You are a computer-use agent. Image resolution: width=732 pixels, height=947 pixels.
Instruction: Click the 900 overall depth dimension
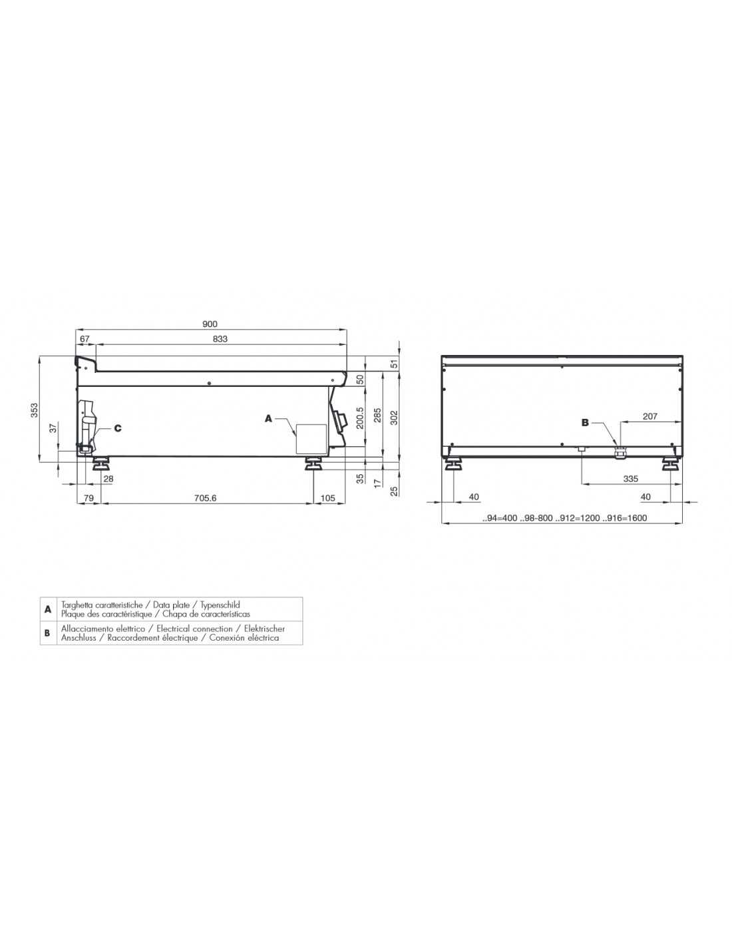pyautogui.click(x=210, y=324)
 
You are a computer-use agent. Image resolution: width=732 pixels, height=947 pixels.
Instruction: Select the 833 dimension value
pyautogui.click(x=220, y=338)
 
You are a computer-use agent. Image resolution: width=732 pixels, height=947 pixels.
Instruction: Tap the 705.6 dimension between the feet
pyautogui.click(x=206, y=497)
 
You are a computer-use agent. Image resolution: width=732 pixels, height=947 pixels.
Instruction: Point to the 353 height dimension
pyautogui.click(x=35, y=410)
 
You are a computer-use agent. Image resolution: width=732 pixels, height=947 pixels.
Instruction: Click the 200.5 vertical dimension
pyautogui.click(x=360, y=418)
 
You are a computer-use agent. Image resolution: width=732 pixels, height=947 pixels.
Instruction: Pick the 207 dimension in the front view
pyautogui.click(x=649, y=416)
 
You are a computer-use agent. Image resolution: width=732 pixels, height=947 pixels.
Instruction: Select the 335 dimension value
pyautogui.click(x=630, y=479)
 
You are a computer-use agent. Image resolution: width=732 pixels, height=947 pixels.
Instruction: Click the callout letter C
pyautogui.click(x=118, y=428)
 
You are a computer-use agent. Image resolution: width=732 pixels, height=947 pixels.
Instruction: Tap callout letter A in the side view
pyautogui.click(x=268, y=418)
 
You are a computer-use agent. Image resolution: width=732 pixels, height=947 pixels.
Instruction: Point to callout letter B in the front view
pyautogui.click(x=585, y=422)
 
